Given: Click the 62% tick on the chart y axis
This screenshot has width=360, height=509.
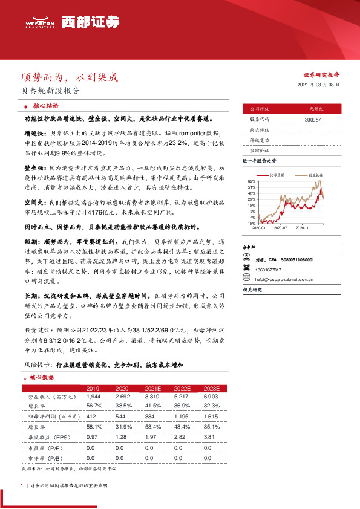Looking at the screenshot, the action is pos(252,181).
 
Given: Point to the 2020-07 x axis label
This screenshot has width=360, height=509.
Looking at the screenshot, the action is pos(281,228).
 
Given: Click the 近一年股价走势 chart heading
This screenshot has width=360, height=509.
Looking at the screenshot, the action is pos(260,161).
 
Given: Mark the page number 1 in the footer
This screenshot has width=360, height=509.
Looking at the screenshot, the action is pos(22,485).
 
